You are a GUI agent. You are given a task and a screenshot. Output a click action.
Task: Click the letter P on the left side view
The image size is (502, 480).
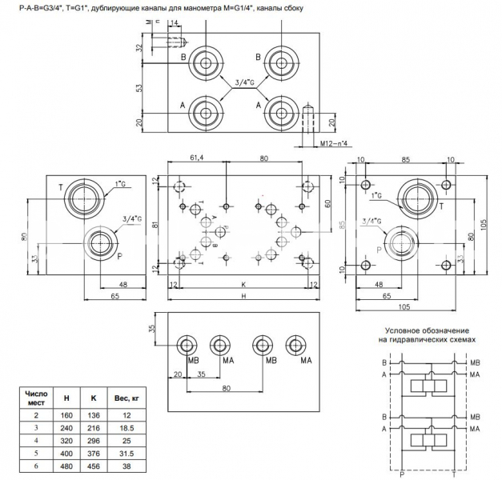point(119,257)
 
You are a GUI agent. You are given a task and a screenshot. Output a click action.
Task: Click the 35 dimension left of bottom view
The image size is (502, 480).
point(154,329)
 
